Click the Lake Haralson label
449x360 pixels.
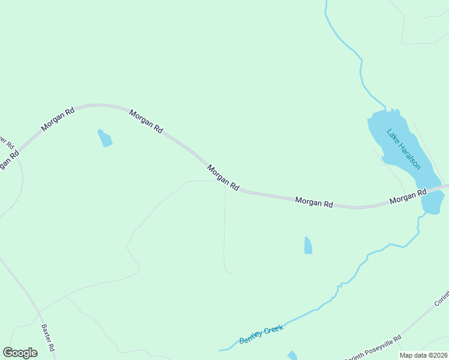[x=403, y=149]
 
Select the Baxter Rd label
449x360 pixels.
[x=48, y=338]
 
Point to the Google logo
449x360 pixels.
[x=20, y=353]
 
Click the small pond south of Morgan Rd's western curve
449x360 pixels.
[x=105, y=138]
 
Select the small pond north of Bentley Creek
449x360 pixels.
[x=308, y=245]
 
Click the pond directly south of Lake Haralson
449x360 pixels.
[x=432, y=204]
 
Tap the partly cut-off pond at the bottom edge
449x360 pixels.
[x=292, y=356]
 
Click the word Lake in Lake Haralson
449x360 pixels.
[x=393, y=137]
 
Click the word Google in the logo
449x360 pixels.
[x=20, y=353]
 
